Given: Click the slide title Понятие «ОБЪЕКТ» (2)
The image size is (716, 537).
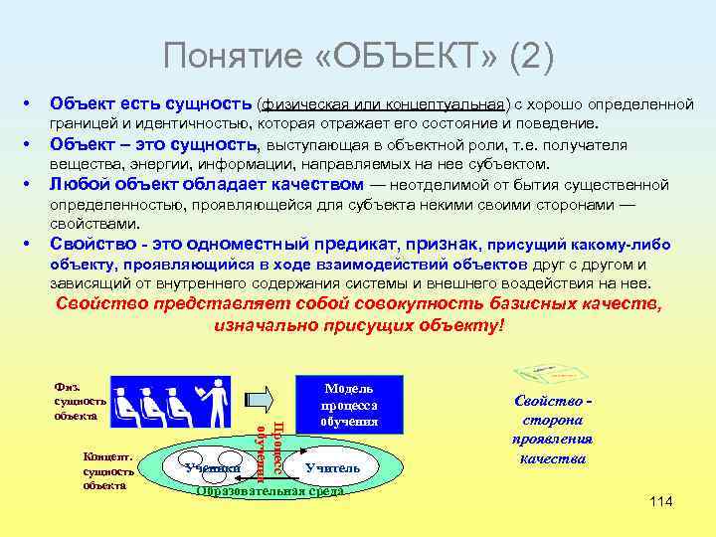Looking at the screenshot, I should pos(358,58).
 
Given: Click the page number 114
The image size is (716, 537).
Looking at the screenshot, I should pos(660,501).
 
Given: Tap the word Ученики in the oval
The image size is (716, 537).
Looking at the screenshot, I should pos(213,466).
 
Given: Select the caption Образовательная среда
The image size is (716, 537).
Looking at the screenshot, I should pos(270,490).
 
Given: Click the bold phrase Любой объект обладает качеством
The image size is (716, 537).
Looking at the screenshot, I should pos(207,184).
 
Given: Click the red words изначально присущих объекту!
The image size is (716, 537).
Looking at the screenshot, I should pos(359,326).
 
